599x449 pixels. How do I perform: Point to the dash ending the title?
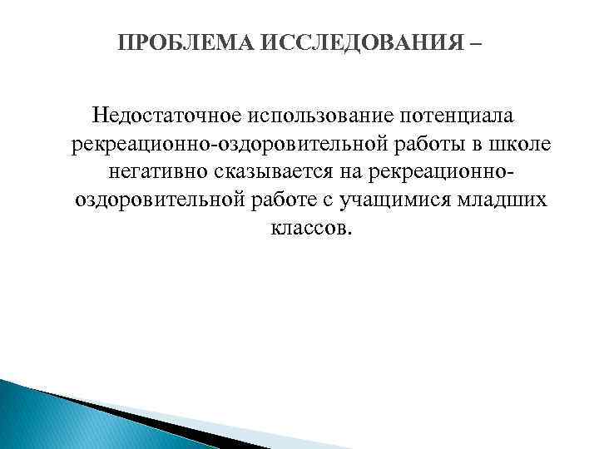(474, 42)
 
